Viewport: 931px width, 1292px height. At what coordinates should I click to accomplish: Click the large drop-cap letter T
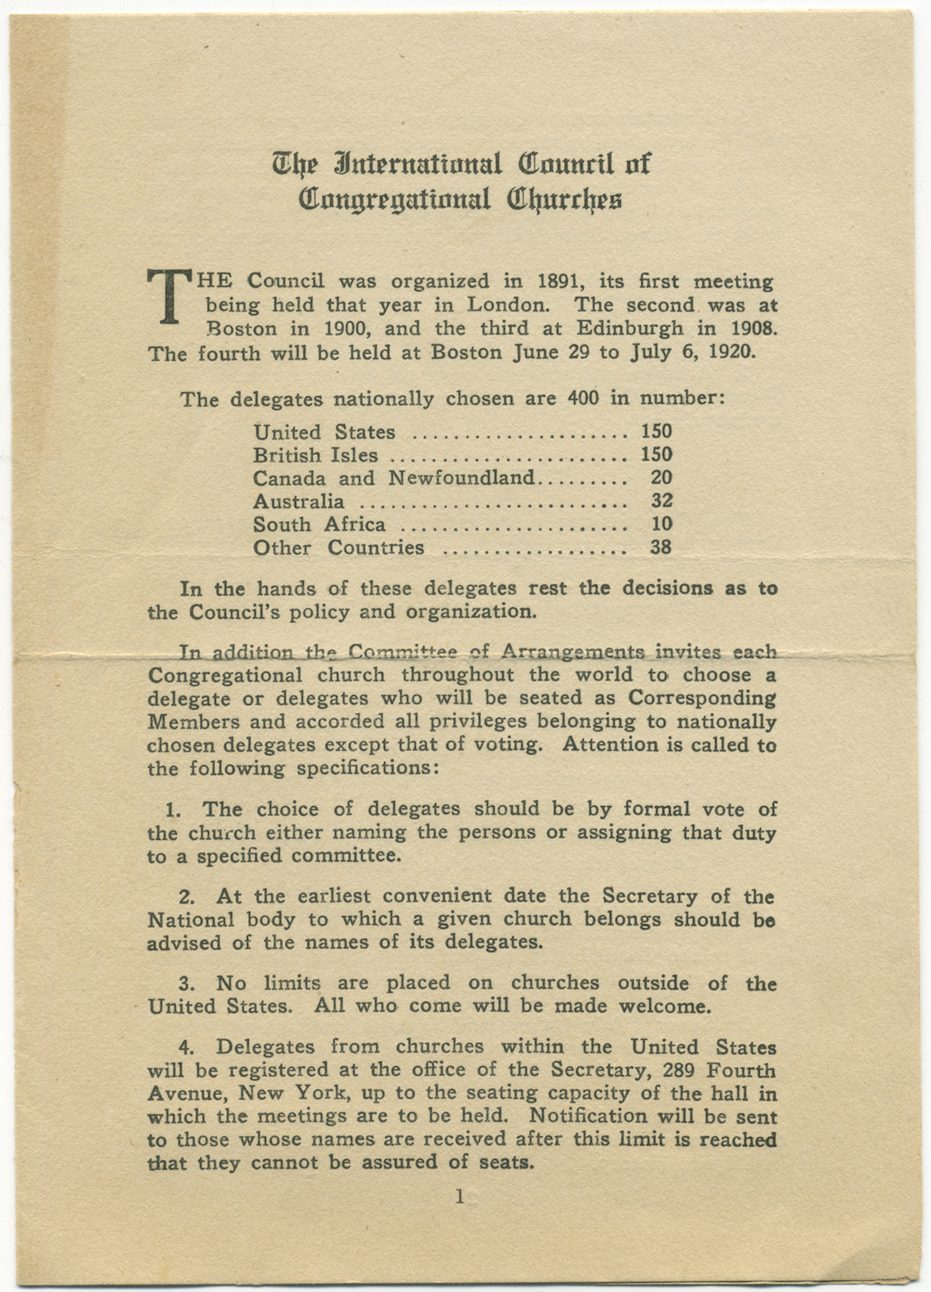point(168,295)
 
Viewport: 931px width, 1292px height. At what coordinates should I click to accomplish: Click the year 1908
point(746,329)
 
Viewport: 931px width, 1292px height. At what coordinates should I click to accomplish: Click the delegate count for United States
point(656,432)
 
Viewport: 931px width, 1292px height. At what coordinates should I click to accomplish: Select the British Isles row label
point(315,455)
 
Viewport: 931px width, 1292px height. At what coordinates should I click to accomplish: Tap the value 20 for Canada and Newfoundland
point(661,478)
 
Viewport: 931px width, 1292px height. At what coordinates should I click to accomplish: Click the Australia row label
point(298,501)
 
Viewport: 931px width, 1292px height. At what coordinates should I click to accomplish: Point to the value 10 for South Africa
point(661,524)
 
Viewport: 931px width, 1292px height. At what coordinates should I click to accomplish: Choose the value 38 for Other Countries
point(661,547)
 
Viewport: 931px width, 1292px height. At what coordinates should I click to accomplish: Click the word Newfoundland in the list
point(461,478)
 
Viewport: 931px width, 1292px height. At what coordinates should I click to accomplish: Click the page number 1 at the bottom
point(460,1197)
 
